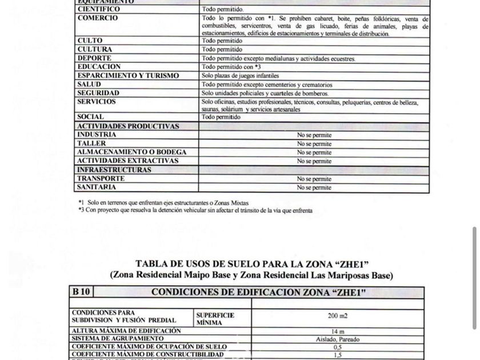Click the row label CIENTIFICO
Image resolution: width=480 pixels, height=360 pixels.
[99, 10]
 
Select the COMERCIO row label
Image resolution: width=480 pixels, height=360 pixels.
[98, 18]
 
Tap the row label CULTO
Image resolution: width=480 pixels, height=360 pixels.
[90, 41]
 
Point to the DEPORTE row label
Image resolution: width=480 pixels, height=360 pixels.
[95, 58]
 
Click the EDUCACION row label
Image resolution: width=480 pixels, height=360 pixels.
[99, 67]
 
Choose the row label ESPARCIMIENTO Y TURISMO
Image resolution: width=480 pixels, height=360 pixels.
[129, 75]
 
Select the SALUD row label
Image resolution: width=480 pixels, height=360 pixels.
[89, 85]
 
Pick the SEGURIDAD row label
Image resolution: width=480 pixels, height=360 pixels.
[99, 93]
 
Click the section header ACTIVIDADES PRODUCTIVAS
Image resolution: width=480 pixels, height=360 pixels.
[129, 126]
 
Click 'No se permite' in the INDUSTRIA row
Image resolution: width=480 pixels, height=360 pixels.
[314, 135]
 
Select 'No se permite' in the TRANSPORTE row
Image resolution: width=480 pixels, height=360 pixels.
[314, 179]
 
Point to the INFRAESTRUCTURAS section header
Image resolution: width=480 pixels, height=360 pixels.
[115, 170]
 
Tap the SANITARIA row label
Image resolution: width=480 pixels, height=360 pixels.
[97, 187]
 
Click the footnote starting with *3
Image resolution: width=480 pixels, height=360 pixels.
[195, 210]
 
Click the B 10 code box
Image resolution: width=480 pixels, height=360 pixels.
[81, 292]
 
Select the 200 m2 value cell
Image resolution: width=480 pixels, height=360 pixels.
[338, 316]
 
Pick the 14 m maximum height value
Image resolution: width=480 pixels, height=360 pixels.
[338, 331]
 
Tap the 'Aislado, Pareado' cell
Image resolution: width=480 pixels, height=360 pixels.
[338, 339]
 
